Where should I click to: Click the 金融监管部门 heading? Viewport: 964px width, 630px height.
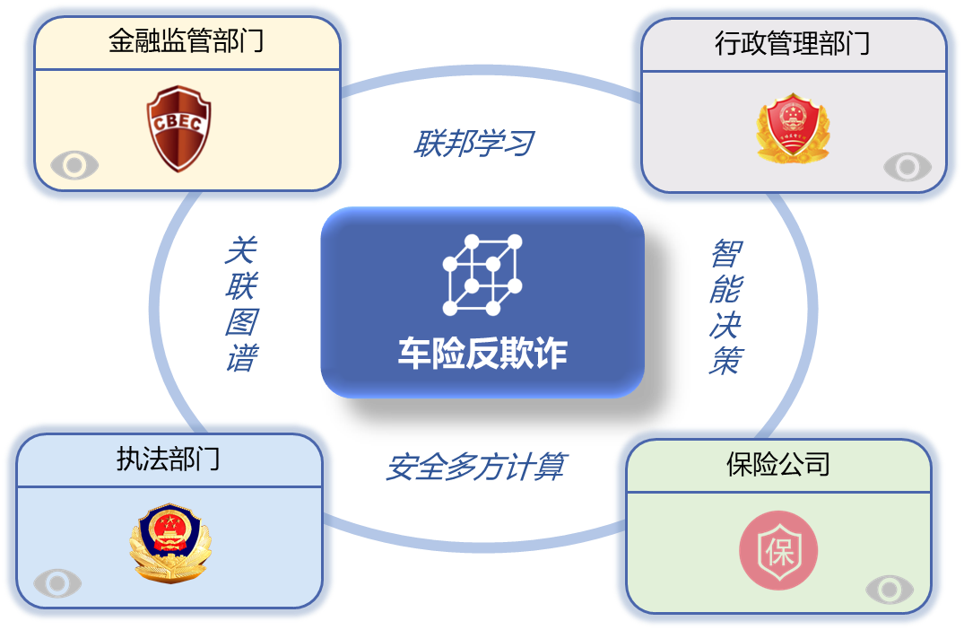[187, 41]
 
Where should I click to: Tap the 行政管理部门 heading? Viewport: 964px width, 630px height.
[793, 43]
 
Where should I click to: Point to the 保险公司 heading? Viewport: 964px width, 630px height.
[777, 464]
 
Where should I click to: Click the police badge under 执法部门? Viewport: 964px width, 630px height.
[168, 545]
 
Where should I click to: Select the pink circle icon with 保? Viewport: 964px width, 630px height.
[777, 549]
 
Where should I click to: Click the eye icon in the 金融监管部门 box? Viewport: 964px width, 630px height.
[74, 165]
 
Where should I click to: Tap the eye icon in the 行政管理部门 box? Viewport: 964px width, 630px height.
[908, 167]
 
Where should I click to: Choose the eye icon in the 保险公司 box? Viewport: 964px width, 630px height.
[890, 589]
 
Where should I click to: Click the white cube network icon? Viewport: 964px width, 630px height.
[482, 275]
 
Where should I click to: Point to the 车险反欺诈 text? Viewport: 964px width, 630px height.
[482, 354]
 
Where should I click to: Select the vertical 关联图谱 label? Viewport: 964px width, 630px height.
[240, 304]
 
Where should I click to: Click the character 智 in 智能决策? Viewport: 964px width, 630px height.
[726, 254]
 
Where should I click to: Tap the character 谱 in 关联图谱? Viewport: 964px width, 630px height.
[240, 359]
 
